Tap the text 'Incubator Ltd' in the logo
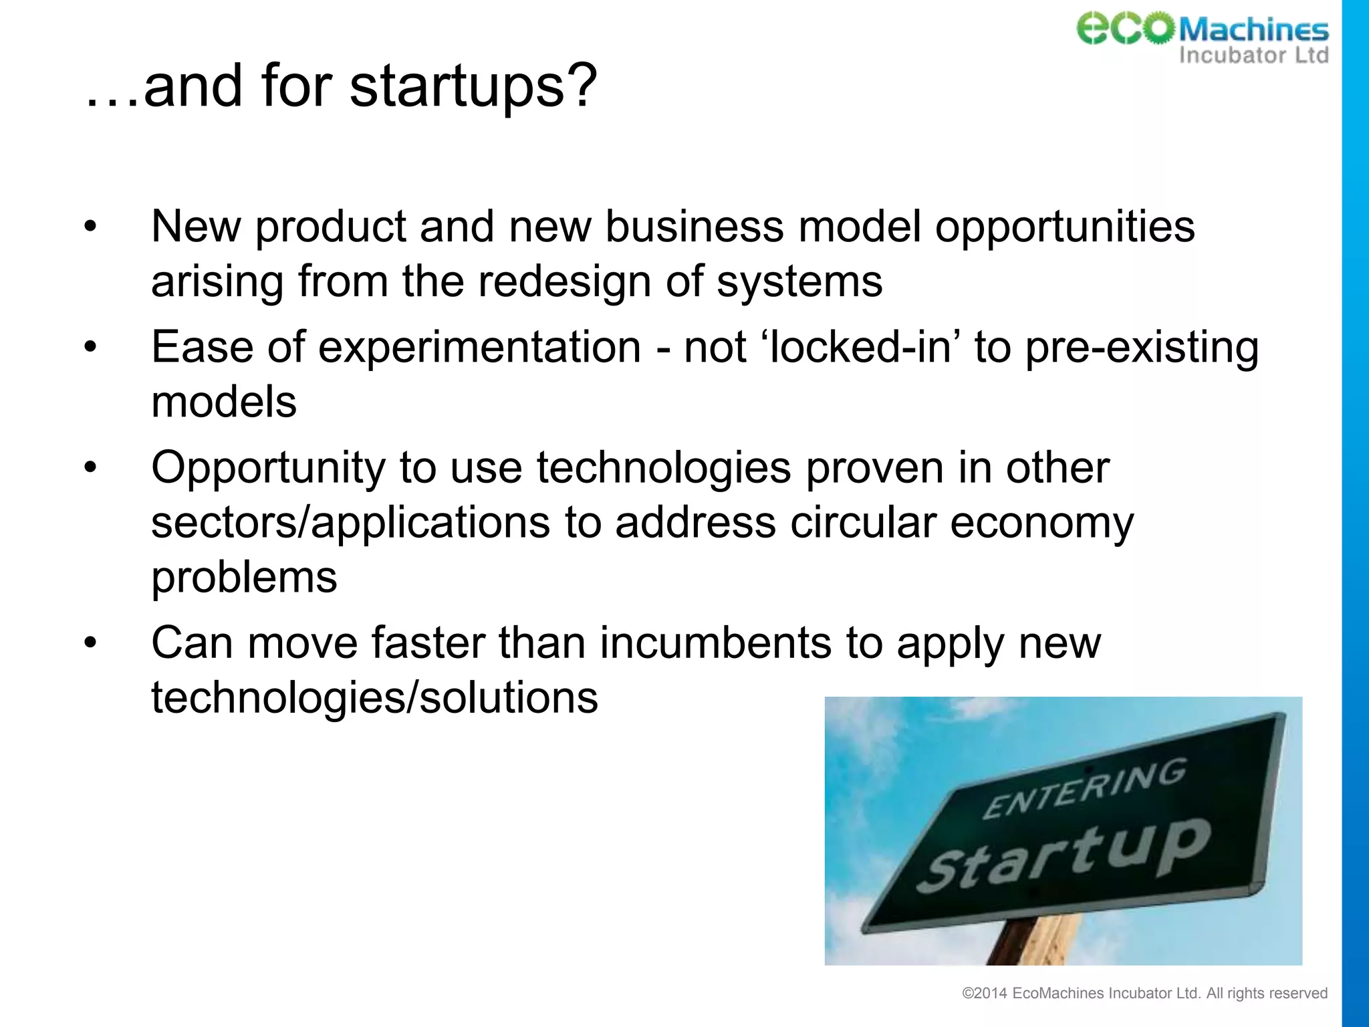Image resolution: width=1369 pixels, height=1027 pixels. [x=1253, y=55]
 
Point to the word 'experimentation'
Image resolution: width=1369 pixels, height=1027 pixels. [x=479, y=348]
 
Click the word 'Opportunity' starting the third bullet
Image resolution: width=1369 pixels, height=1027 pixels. [x=268, y=468]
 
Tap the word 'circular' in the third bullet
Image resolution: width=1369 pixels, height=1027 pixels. [x=862, y=522]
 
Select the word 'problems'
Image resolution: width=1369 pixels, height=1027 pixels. [x=244, y=577]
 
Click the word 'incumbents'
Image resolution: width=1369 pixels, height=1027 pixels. [x=715, y=643]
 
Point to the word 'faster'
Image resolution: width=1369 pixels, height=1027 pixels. [x=428, y=643]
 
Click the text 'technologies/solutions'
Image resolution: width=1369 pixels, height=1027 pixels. [x=374, y=698]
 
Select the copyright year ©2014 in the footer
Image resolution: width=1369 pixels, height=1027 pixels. [x=984, y=994]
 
